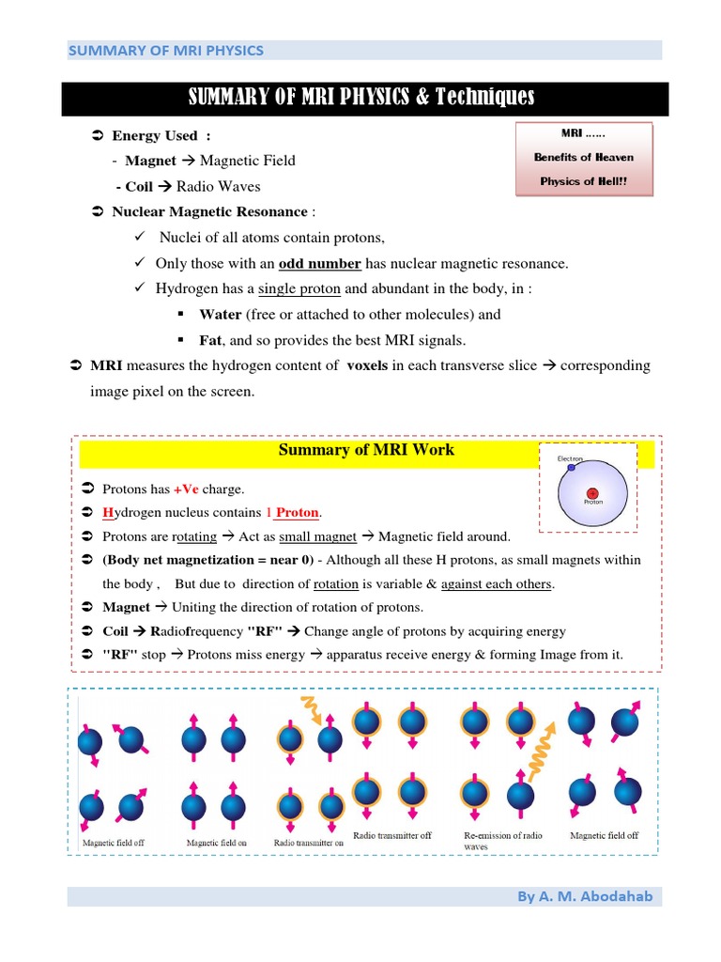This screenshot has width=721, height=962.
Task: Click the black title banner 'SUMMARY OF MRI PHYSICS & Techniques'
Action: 361,97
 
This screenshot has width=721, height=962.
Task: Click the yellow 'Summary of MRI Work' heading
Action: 366,450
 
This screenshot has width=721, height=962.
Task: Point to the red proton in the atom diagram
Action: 592,492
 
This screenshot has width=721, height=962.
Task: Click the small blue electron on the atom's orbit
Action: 571,467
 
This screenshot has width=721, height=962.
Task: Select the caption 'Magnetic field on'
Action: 216,843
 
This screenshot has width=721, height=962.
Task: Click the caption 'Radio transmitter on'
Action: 309,843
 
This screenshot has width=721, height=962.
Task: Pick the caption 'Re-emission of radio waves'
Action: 502,840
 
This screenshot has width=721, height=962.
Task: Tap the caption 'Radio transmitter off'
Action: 391,834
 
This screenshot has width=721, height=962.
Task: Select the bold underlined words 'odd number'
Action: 320,264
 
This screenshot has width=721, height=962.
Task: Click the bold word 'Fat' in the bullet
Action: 209,340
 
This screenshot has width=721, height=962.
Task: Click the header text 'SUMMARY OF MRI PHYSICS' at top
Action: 165,51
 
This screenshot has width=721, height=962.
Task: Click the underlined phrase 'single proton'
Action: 299,289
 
